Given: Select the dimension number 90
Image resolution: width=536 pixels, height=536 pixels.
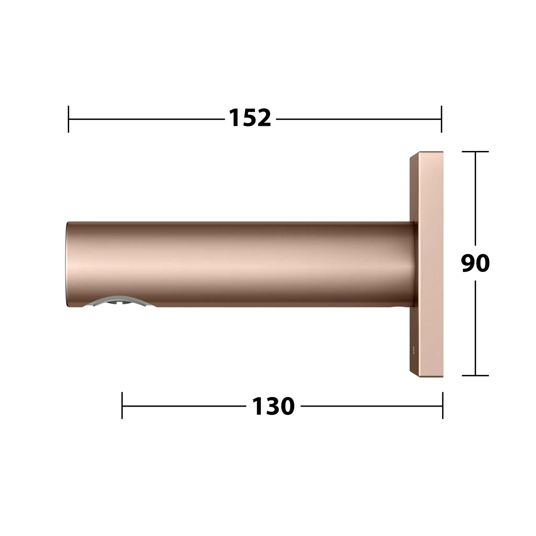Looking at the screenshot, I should click(475, 263).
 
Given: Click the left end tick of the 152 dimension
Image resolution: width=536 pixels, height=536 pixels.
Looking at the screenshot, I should click(69, 119).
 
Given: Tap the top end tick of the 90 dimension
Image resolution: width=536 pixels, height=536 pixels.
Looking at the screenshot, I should click(475, 152).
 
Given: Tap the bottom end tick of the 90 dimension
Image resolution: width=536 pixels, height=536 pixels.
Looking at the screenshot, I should click(475, 376).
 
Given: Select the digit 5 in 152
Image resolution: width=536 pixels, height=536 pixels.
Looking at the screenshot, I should click(250, 119).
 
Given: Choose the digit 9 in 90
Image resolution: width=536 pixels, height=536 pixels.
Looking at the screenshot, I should click(468, 263).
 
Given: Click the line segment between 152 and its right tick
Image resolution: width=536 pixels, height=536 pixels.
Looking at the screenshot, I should click(358, 119).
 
